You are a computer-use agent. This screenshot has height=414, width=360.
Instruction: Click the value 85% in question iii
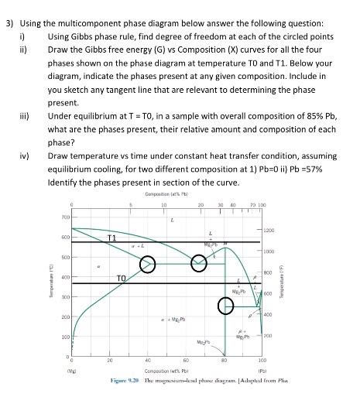coord(291,115)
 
